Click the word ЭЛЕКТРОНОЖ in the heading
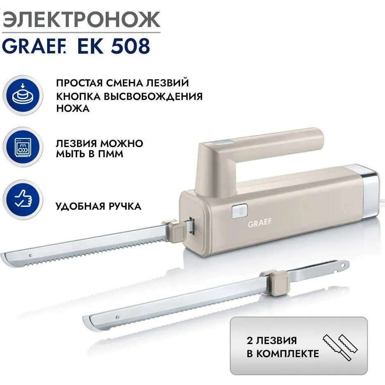81,20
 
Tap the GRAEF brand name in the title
33,47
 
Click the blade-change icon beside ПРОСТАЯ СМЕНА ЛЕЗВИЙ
23,95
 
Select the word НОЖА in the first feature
72,109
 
